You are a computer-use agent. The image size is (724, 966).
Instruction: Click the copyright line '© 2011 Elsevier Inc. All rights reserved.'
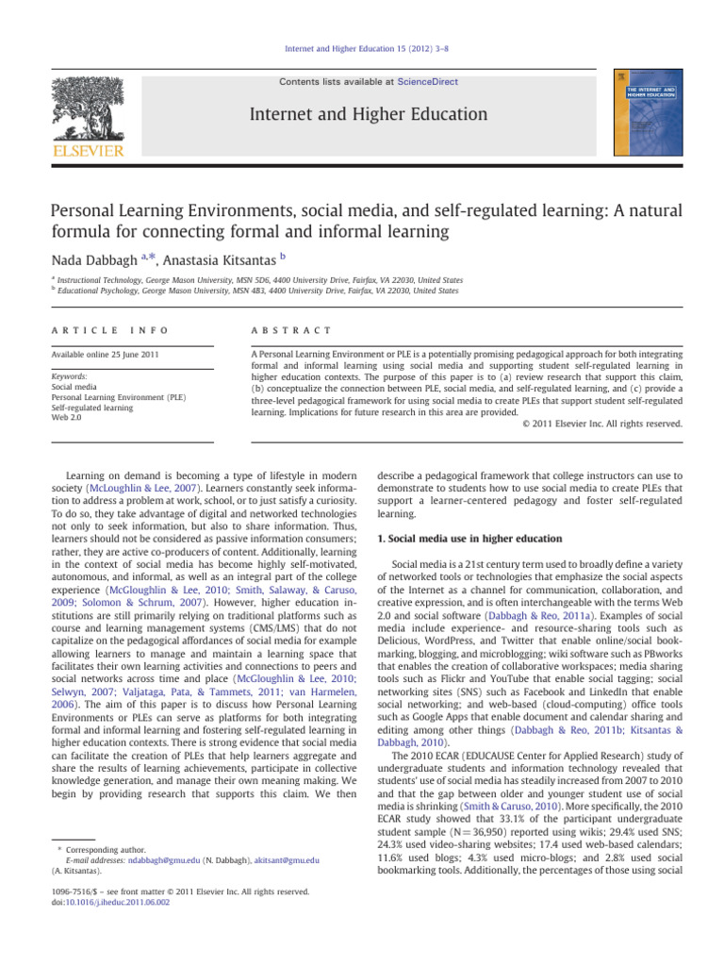(x=601, y=424)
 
